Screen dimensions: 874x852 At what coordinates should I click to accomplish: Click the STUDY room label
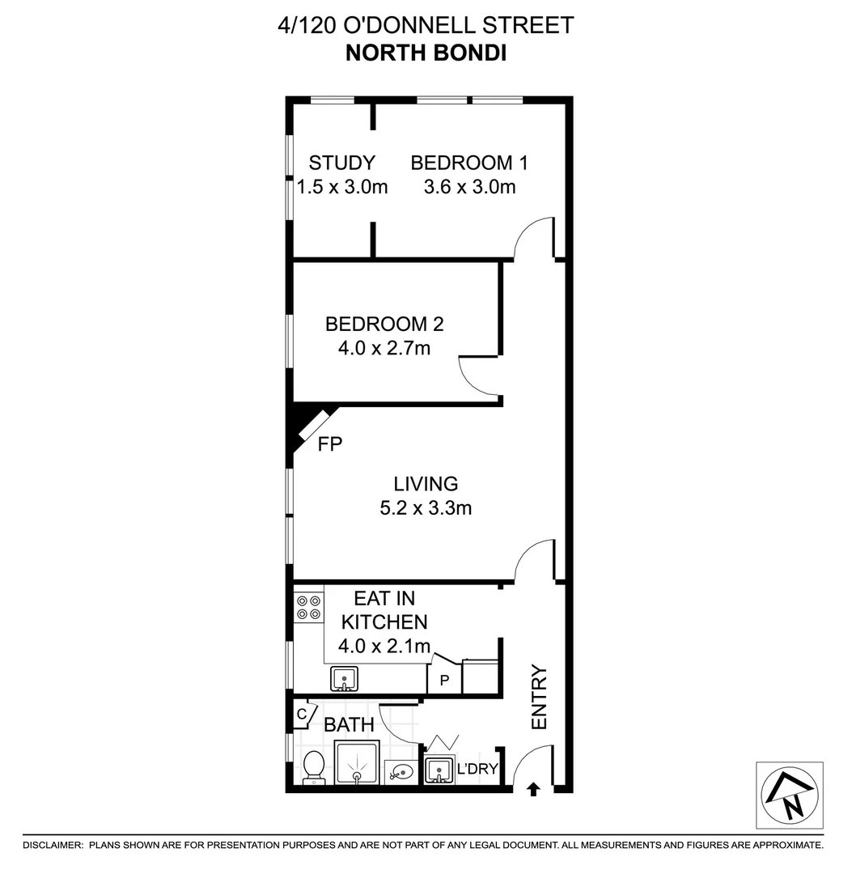coord(341,162)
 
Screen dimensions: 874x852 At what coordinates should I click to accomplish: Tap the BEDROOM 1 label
coord(469,162)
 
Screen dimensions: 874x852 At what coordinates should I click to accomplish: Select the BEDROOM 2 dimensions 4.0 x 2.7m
coord(384,350)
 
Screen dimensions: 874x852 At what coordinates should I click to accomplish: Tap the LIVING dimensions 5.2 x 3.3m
coord(426,509)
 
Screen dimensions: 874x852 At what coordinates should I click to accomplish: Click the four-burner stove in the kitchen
coord(307,608)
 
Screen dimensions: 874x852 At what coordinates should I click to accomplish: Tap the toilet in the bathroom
coord(313,767)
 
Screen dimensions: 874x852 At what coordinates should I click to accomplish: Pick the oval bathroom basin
coord(400,771)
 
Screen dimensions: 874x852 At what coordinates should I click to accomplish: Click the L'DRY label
coord(477,769)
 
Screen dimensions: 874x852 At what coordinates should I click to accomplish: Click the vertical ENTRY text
coord(540,698)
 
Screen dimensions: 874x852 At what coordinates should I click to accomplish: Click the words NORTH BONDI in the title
coord(426,53)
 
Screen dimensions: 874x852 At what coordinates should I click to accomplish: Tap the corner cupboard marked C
coord(303,714)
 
